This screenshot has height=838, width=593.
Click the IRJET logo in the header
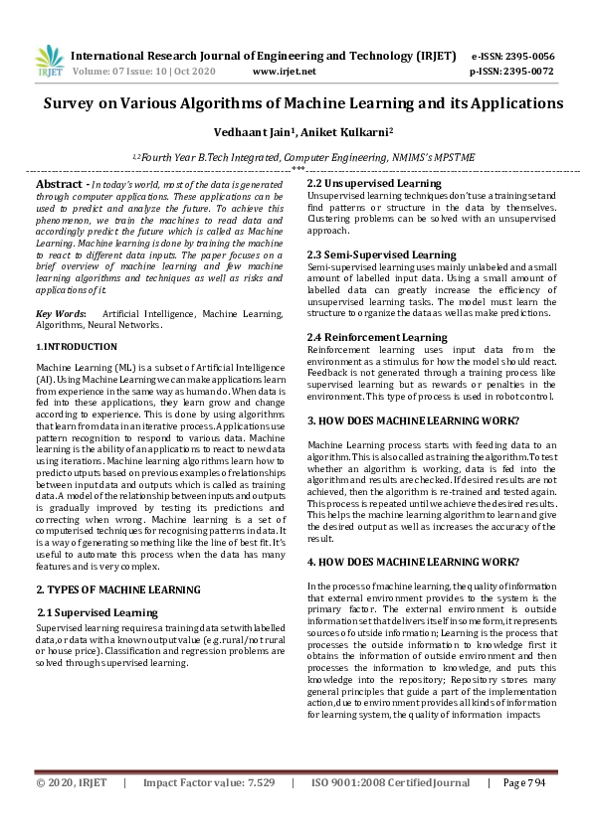tap(49, 62)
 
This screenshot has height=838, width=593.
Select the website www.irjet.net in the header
tap(285, 72)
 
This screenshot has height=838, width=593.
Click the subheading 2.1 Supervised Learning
tap(98, 612)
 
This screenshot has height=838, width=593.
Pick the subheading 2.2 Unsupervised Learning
tap(373, 183)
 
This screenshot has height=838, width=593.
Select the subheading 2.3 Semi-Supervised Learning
tap(381, 254)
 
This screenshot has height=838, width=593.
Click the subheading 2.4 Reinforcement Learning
tap(376, 336)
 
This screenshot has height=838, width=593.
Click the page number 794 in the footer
tap(539, 811)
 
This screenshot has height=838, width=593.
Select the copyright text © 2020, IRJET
tap(72, 811)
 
